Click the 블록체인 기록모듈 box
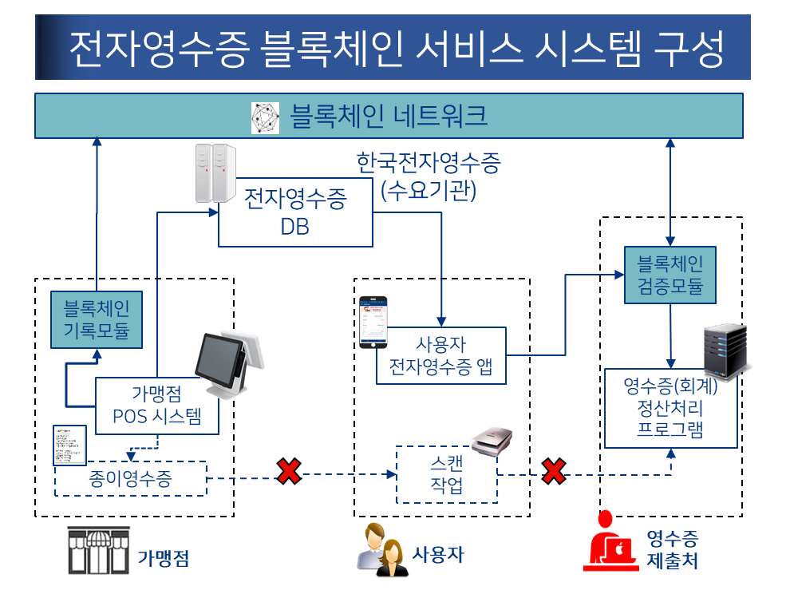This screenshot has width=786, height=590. [97, 319]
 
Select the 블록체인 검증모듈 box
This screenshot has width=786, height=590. [669, 274]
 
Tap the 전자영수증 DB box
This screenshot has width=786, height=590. [295, 212]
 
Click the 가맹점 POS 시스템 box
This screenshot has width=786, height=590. [156, 406]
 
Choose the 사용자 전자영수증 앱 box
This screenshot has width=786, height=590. [440, 355]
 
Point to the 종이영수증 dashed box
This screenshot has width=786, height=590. [130, 479]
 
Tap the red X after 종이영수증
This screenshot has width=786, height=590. [289, 472]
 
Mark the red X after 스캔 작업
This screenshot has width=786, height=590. [554, 472]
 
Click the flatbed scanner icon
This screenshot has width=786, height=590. [492, 441]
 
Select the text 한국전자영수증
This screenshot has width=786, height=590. [429, 164]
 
